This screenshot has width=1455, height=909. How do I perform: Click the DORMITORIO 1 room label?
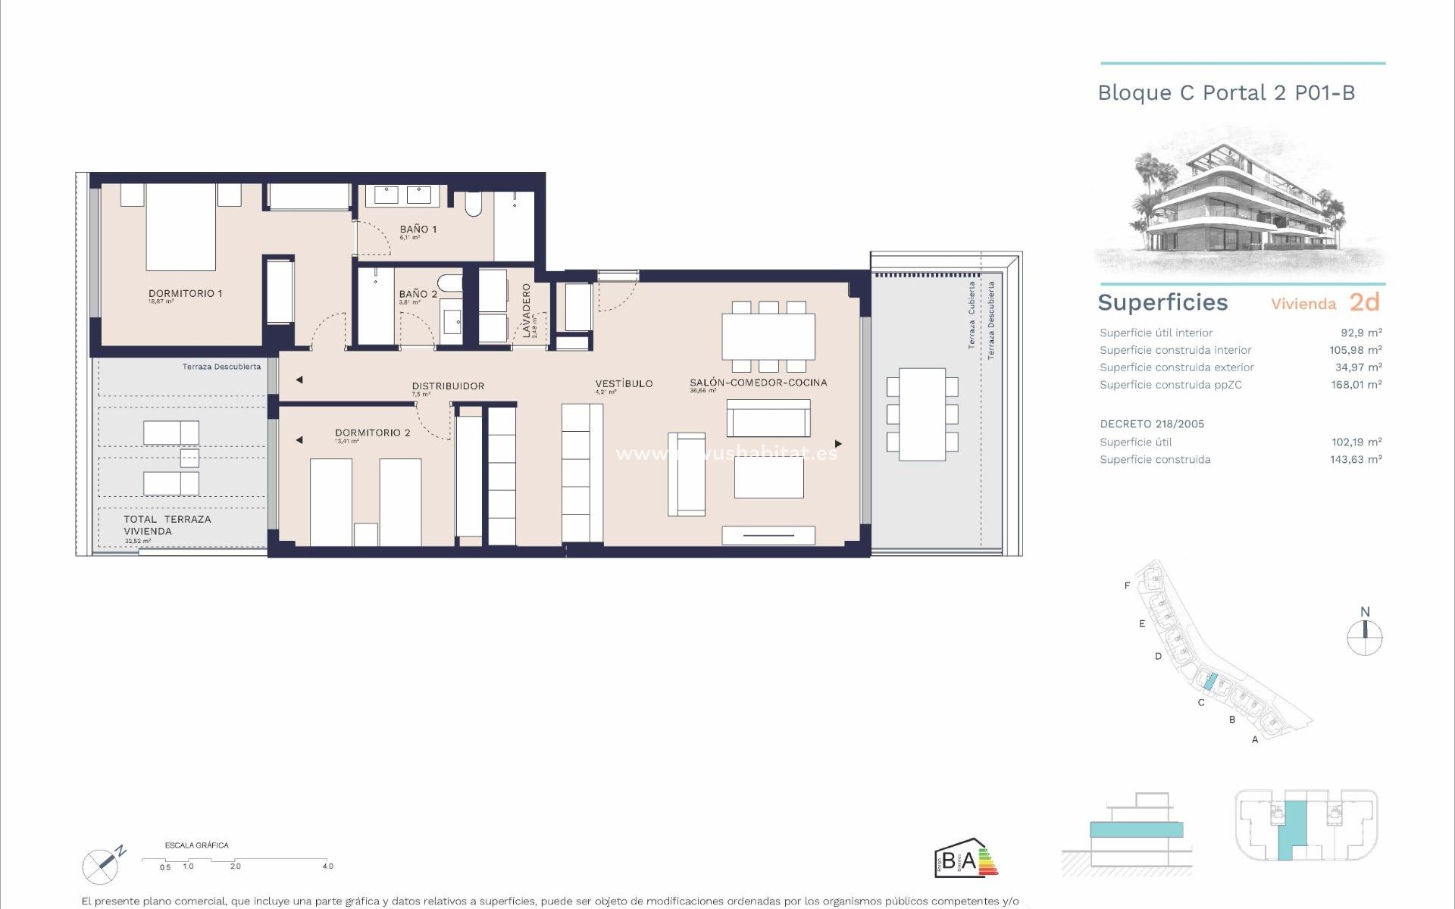click(185, 293)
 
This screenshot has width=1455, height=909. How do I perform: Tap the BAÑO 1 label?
click(418, 229)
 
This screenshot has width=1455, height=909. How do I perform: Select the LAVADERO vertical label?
click(526, 310)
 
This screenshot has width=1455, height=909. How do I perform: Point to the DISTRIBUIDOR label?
click(448, 386)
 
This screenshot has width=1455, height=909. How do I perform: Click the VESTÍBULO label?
click(624, 383)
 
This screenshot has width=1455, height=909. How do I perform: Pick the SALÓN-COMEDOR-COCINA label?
click(758, 383)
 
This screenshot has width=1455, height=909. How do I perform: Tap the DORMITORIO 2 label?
click(372, 433)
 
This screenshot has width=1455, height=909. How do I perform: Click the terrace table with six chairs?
click(922, 414)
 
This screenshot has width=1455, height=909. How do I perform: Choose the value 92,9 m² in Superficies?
click(1361, 333)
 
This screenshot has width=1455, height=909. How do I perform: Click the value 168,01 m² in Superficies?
click(1357, 385)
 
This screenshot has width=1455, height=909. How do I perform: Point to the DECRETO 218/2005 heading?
click(1152, 424)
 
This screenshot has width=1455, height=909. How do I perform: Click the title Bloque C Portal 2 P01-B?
click(1226, 93)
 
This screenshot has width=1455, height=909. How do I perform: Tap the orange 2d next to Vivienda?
click(1364, 302)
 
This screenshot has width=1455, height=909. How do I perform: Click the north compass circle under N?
click(1365, 638)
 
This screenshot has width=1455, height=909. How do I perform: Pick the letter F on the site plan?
click(1127, 586)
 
